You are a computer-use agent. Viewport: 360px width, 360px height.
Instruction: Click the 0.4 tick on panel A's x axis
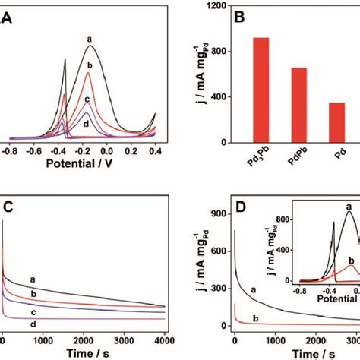[156, 151]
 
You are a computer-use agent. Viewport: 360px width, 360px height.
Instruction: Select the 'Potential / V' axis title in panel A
[83, 163]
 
